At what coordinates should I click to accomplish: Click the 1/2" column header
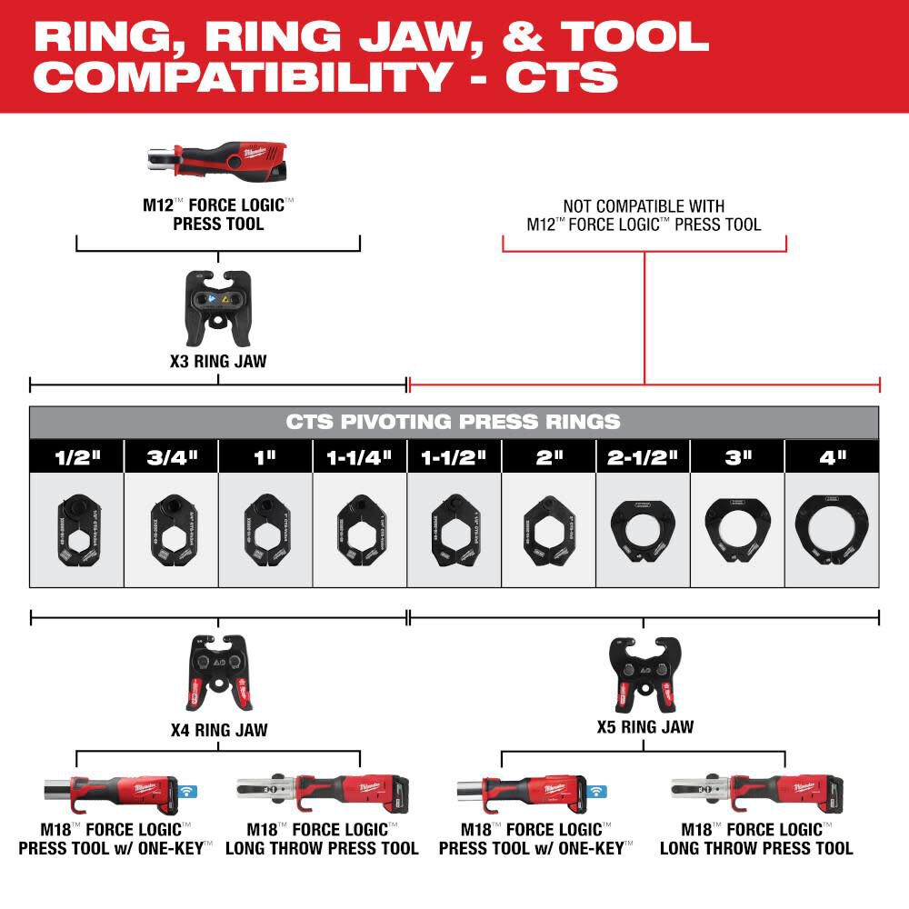[x=76, y=456]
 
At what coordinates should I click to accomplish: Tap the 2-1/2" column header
[x=643, y=456]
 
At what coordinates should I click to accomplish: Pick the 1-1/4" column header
[x=359, y=456]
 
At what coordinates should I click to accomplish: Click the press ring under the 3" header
[x=737, y=529]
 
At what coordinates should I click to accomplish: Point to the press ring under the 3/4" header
[x=171, y=529]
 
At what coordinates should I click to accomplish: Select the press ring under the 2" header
[x=548, y=529]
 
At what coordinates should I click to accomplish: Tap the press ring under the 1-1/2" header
[x=454, y=529]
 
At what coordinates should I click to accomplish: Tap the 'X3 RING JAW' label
[x=218, y=362]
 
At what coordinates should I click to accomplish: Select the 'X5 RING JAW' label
[x=644, y=727]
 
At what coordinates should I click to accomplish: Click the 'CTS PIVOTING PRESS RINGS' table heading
[x=454, y=422]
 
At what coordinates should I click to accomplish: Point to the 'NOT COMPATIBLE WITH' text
[x=644, y=207]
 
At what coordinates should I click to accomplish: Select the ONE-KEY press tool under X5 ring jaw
[x=523, y=795]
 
